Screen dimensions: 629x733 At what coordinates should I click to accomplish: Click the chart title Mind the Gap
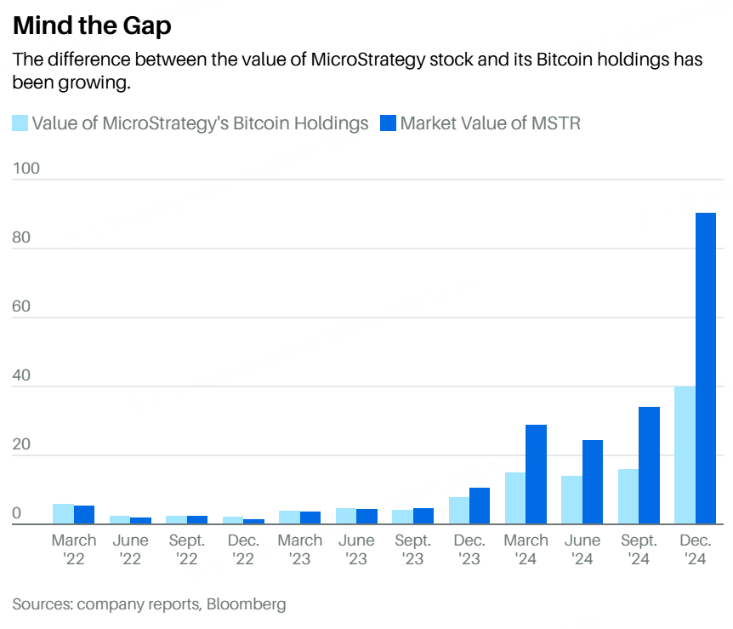pos(92,26)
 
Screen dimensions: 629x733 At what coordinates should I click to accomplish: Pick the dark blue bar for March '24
pos(536,474)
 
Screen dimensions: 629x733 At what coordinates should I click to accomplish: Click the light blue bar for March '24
pos(514,498)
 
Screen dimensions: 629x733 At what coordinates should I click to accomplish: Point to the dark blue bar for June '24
pos(593,482)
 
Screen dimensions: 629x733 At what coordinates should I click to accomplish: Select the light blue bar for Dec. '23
pos(458,510)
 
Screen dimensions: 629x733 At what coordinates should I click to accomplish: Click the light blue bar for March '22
pos(63,514)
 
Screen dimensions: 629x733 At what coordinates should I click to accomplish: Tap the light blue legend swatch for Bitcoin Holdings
pos(20,123)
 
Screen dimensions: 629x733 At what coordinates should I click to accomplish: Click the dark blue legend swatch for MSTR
pos(388,123)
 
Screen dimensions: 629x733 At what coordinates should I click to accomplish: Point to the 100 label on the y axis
pos(26,169)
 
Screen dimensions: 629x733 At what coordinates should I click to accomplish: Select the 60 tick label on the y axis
pos(22,306)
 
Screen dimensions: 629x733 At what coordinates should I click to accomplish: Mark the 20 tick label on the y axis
pos(22,444)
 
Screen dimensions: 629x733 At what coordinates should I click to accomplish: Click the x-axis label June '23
pos(356,549)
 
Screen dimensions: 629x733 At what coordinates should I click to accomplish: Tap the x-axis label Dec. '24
pos(695,549)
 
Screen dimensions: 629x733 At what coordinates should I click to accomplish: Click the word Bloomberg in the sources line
pos(246,604)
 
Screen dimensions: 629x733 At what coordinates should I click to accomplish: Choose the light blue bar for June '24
pos(571,500)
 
